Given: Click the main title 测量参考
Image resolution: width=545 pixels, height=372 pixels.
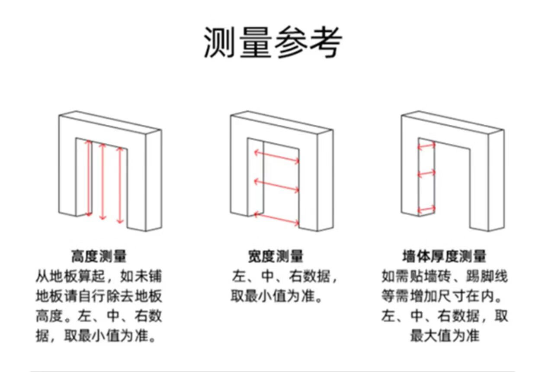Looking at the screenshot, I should pyautogui.click(x=272, y=42).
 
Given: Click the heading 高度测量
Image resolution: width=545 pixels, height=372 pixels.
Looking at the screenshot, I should pyautogui.click(x=99, y=256).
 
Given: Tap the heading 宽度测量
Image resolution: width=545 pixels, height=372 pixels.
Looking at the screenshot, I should pyautogui.click(x=276, y=256).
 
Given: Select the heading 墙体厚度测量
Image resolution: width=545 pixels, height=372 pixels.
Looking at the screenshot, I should pyautogui.click(x=445, y=256).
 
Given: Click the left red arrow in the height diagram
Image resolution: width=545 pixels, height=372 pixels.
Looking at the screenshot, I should pyautogui.click(x=89, y=178).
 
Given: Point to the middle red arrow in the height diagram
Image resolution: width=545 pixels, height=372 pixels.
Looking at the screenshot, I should pyautogui.click(x=103, y=181).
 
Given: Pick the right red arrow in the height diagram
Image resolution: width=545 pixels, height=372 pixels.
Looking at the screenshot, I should pyautogui.click(x=120, y=185).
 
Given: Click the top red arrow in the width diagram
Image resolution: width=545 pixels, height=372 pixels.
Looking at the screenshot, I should pyautogui.click(x=276, y=157).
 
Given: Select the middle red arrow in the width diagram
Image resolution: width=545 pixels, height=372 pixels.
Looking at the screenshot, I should pyautogui.click(x=276, y=185).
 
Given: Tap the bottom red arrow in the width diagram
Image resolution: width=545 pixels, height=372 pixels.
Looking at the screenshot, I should pyautogui.click(x=276, y=219).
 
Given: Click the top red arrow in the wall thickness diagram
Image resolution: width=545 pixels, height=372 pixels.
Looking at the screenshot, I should pyautogui.click(x=426, y=146).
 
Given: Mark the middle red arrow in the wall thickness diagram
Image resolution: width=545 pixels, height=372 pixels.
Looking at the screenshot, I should pyautogui.click(x=426, y=174).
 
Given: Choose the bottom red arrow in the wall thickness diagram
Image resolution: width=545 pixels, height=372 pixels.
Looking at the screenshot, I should pyautogui.click(x=426, y=210).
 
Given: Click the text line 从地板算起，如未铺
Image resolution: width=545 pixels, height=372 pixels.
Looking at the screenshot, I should pyautogui.click(x=99, y=276).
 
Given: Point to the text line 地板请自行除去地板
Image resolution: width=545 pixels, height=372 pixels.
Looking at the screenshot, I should pyautogui.click(x=99, y=296).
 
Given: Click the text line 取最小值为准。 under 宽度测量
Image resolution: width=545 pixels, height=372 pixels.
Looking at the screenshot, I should pyautogui.click(x=276, y=296).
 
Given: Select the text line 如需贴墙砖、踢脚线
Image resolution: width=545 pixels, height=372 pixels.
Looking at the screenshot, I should pyautogui.click(x=445, y=276).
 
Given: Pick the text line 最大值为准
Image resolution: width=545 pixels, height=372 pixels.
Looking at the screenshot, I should pyautogui.click(x=445, y=336).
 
